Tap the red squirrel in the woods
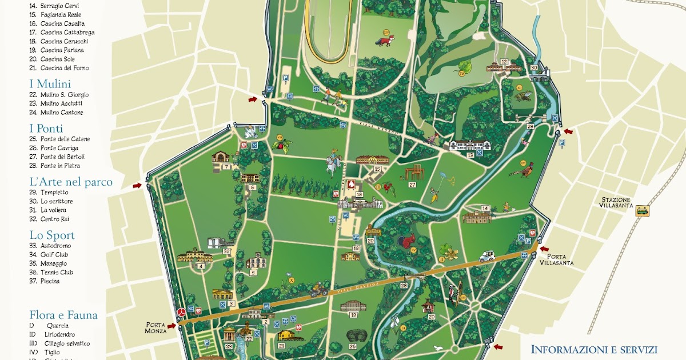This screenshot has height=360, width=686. tap(407, 242)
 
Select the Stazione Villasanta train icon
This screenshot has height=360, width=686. tap(643, 210)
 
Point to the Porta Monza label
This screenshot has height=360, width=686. tap(155, 327)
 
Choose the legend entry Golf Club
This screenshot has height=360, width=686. tap(54, 254)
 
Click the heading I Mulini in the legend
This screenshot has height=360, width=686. tap(50, 84)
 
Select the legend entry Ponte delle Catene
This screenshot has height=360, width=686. tap(65, 139)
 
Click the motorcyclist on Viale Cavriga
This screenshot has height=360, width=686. tap(318, 291)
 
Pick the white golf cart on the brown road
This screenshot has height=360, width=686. tap(487, 256)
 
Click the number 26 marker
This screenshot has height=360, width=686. tap(352, 346)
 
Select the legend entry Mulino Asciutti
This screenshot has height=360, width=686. tap(61, 103)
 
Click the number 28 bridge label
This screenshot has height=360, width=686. tap(404, 285)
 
